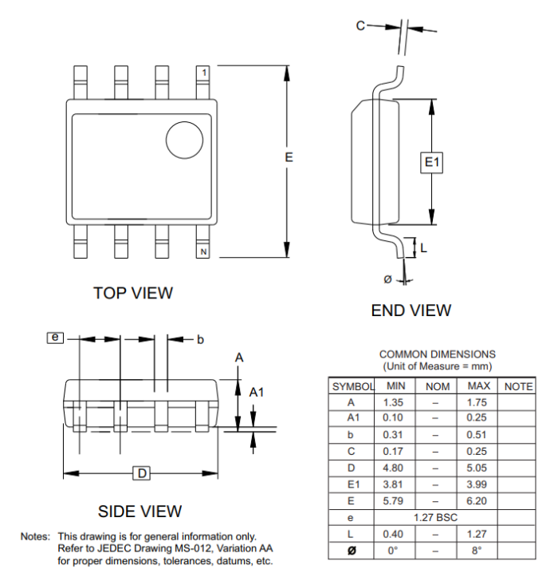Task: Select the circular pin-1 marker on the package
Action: [184, 140]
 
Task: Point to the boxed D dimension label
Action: [141, 474]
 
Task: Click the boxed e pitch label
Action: [55, 338]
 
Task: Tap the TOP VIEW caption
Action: [132, 293]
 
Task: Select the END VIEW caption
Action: [411, 310]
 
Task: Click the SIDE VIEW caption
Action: [139, 511]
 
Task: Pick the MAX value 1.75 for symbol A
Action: [478, 402]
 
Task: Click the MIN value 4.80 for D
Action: [394, 468]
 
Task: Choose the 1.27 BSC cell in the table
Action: [436, 517]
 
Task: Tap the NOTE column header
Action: [518, 386]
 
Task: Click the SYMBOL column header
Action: [352, 386]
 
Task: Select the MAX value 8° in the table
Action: [478, 550]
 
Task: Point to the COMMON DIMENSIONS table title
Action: [436, 354]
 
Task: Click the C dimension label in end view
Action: [360, 26]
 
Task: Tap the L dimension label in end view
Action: [423, 247]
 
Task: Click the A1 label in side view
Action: [257, 392]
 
